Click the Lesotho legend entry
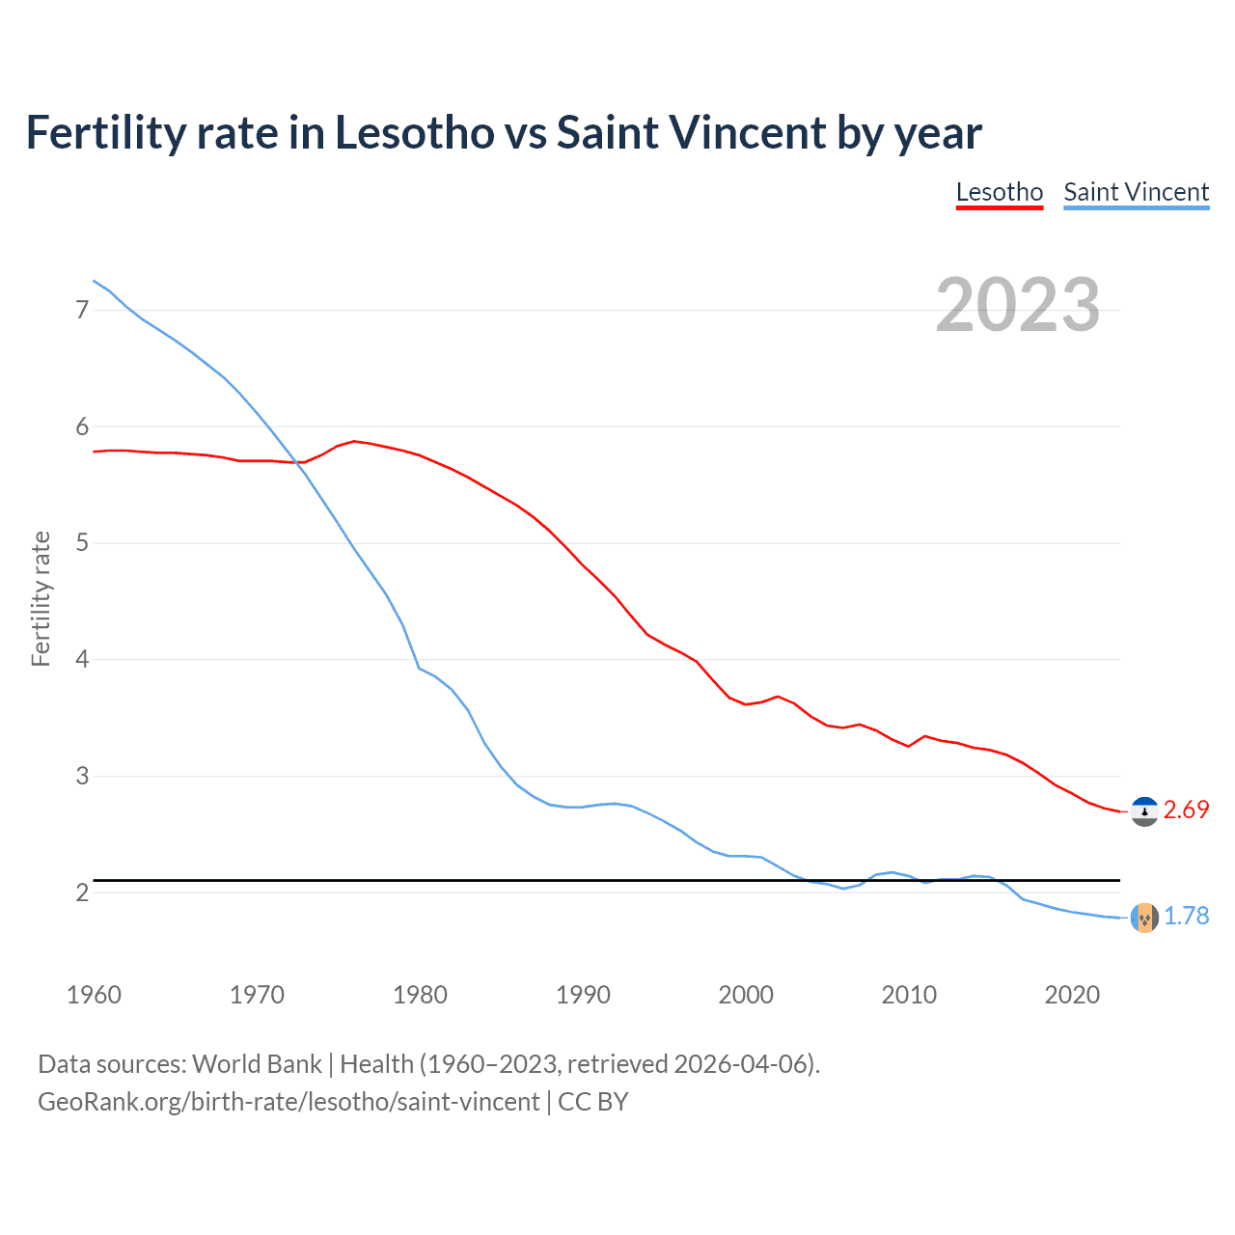click(x=999, y=192)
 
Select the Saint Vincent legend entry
click(x=1136, y=192)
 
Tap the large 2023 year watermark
click(x=1017, y=305)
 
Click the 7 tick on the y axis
click(x=82, y=310)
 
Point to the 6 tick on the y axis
click(x=82, y=426)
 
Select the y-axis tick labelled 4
click(x=82, y=660)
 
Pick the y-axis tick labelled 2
click(x=82, y=892)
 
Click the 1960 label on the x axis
click(x=94, y=995)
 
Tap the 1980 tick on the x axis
click(x=420, y=995)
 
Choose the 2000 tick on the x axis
click(x=746, y=995)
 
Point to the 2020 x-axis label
click(x=1072, y=995)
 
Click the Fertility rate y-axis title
click(x=41, y=598)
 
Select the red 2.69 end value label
click(x=1186, y=810)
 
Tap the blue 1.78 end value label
click(x=1186, y=917)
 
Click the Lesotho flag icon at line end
click(x=1144, y=812)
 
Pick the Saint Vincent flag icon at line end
click(x=1144, y=918)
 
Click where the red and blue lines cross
click(x=294, y=462)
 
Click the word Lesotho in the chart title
click(x=414, y=132)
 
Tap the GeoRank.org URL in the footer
click(x=288, y=1102)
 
